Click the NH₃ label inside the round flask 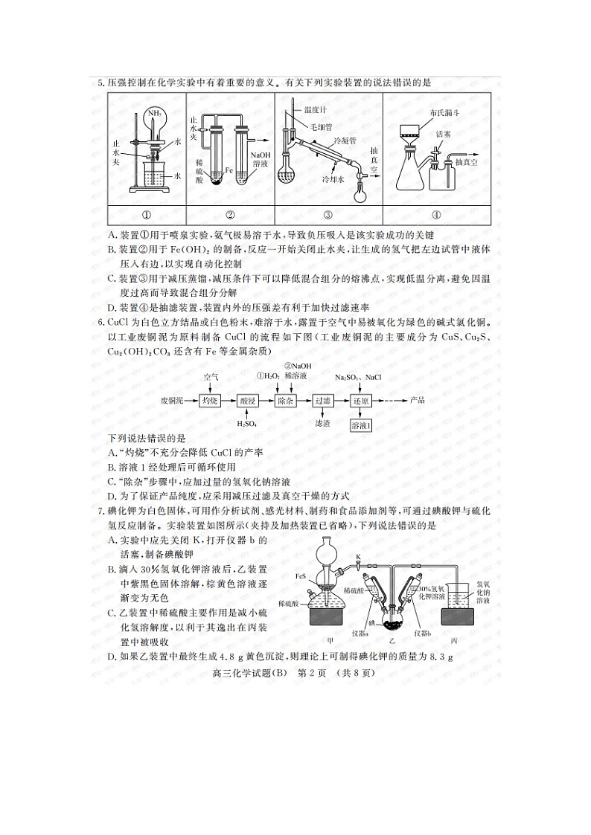pyautogui.click(x=156, y=114)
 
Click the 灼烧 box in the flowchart pyautogui.click(x=211, y=400)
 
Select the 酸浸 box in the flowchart pyautogui.click(x=248, y=400)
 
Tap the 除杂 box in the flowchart pyautogui.click(x=285, y=400)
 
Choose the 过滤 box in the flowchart pyautogui.click(x=322, y=400)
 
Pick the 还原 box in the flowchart pyautogui.click(x=361, y=400)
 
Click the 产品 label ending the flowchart pyautogui.click(x=418, y=400)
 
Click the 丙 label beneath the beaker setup pyautogui.click(x=454, y=640)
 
